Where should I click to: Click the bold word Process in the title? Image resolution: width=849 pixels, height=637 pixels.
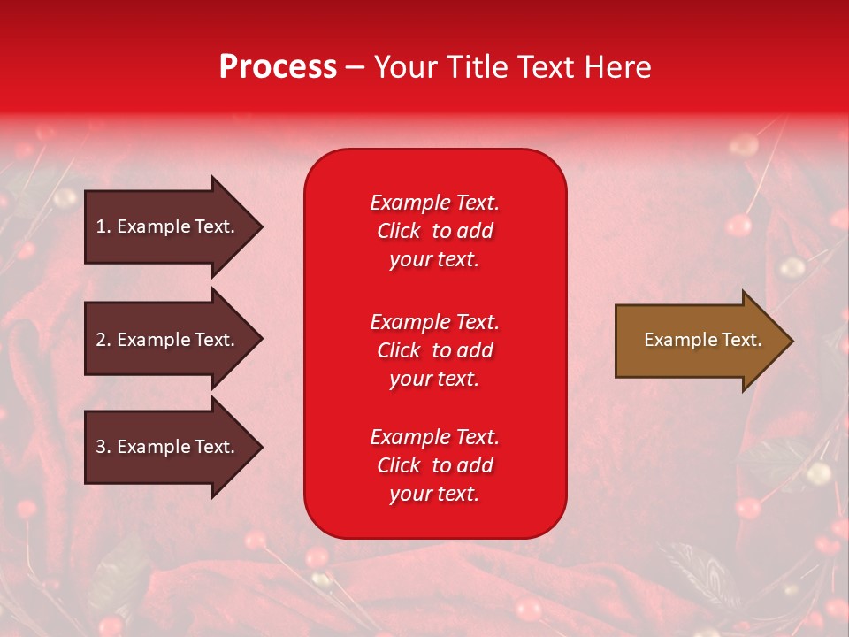tap(278, 67)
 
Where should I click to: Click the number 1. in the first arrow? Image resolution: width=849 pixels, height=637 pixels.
tap(103, 226)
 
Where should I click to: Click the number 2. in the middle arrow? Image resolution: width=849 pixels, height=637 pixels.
tap(103, 340)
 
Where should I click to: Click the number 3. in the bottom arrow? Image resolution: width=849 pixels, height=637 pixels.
tap(103, 447)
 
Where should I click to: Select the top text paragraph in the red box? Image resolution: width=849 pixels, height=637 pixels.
tap(434, 231)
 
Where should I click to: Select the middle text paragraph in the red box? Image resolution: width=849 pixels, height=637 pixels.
tap(434, 350)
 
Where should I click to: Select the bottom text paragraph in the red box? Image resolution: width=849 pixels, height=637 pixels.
tap(434, 465)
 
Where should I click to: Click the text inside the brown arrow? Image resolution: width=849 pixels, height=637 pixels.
tap(702, 340)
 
